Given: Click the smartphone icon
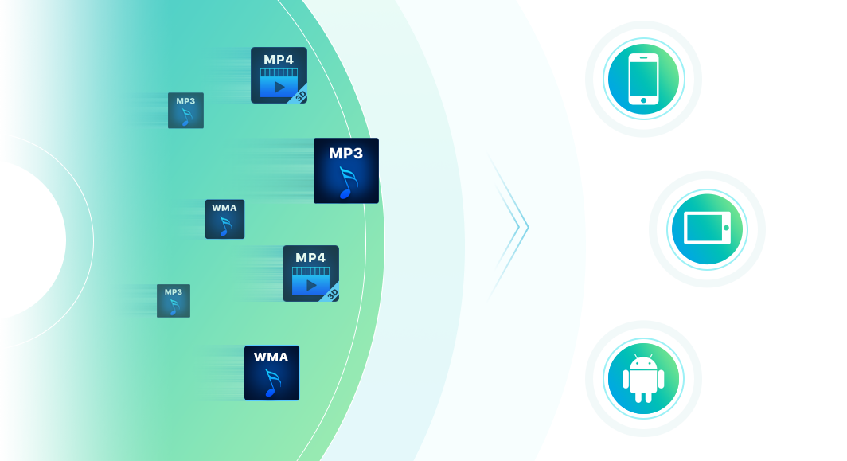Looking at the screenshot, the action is pyautogui.click(x=643, y=79).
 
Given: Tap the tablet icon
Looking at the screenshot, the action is pyautogui.click(x=707, y=229).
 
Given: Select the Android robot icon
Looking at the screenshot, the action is pyautogui.click(x=643, y=379).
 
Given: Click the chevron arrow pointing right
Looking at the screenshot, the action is pyautogui.click(x=509, y=228).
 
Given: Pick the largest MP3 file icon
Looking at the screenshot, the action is pyautogui.click(x=346, y=170).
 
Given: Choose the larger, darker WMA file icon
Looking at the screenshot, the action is pyautogui.click(x=271, y=373).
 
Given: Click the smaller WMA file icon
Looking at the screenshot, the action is pyautogui.click(x=224, y=219).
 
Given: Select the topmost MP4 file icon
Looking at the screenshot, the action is pyautogui.click(x=279, y=75).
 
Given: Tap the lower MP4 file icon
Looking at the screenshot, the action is pyautogui.click(x=310, y=273).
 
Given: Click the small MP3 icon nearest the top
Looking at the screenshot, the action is pyautogui.click(x=185, y=110).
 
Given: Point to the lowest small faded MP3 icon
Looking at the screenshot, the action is pyautogui.click(x=174, y=301).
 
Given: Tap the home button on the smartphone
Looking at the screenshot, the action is pyautogui.click(x=643, y=100).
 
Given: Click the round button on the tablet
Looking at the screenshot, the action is pyautogui.click(x=726, y=228).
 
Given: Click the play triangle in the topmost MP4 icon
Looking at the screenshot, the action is pyautogui.click(x=279, y=87).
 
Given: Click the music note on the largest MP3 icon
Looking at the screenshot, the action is pyautogui.click(x=347, y=182).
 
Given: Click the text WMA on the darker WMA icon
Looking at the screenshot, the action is pyautogui.click(x=271, y=357).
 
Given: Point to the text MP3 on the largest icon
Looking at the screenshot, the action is pyautogui.click(x=345, y=154).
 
